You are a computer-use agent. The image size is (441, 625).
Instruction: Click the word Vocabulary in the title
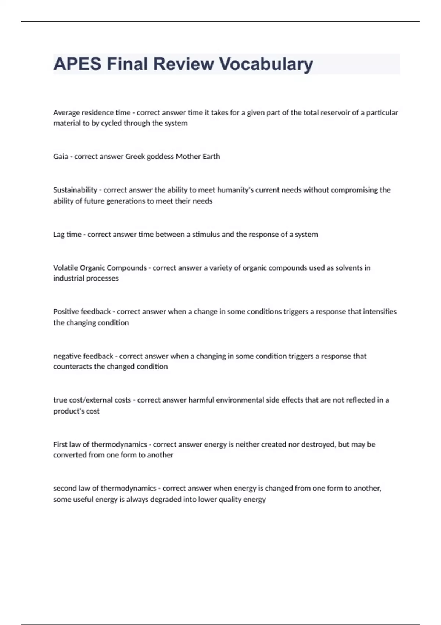(266, 64)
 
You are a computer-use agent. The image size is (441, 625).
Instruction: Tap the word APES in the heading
(77, 64)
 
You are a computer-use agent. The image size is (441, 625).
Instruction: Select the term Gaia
(61, 157)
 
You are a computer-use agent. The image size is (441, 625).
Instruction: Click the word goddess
(160, 157)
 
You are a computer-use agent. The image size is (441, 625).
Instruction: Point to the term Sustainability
(75, 190)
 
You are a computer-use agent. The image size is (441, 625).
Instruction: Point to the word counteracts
(72, 367)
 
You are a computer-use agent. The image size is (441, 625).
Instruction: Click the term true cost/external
(92, 400)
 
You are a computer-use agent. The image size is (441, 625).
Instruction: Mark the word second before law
(64, 488)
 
